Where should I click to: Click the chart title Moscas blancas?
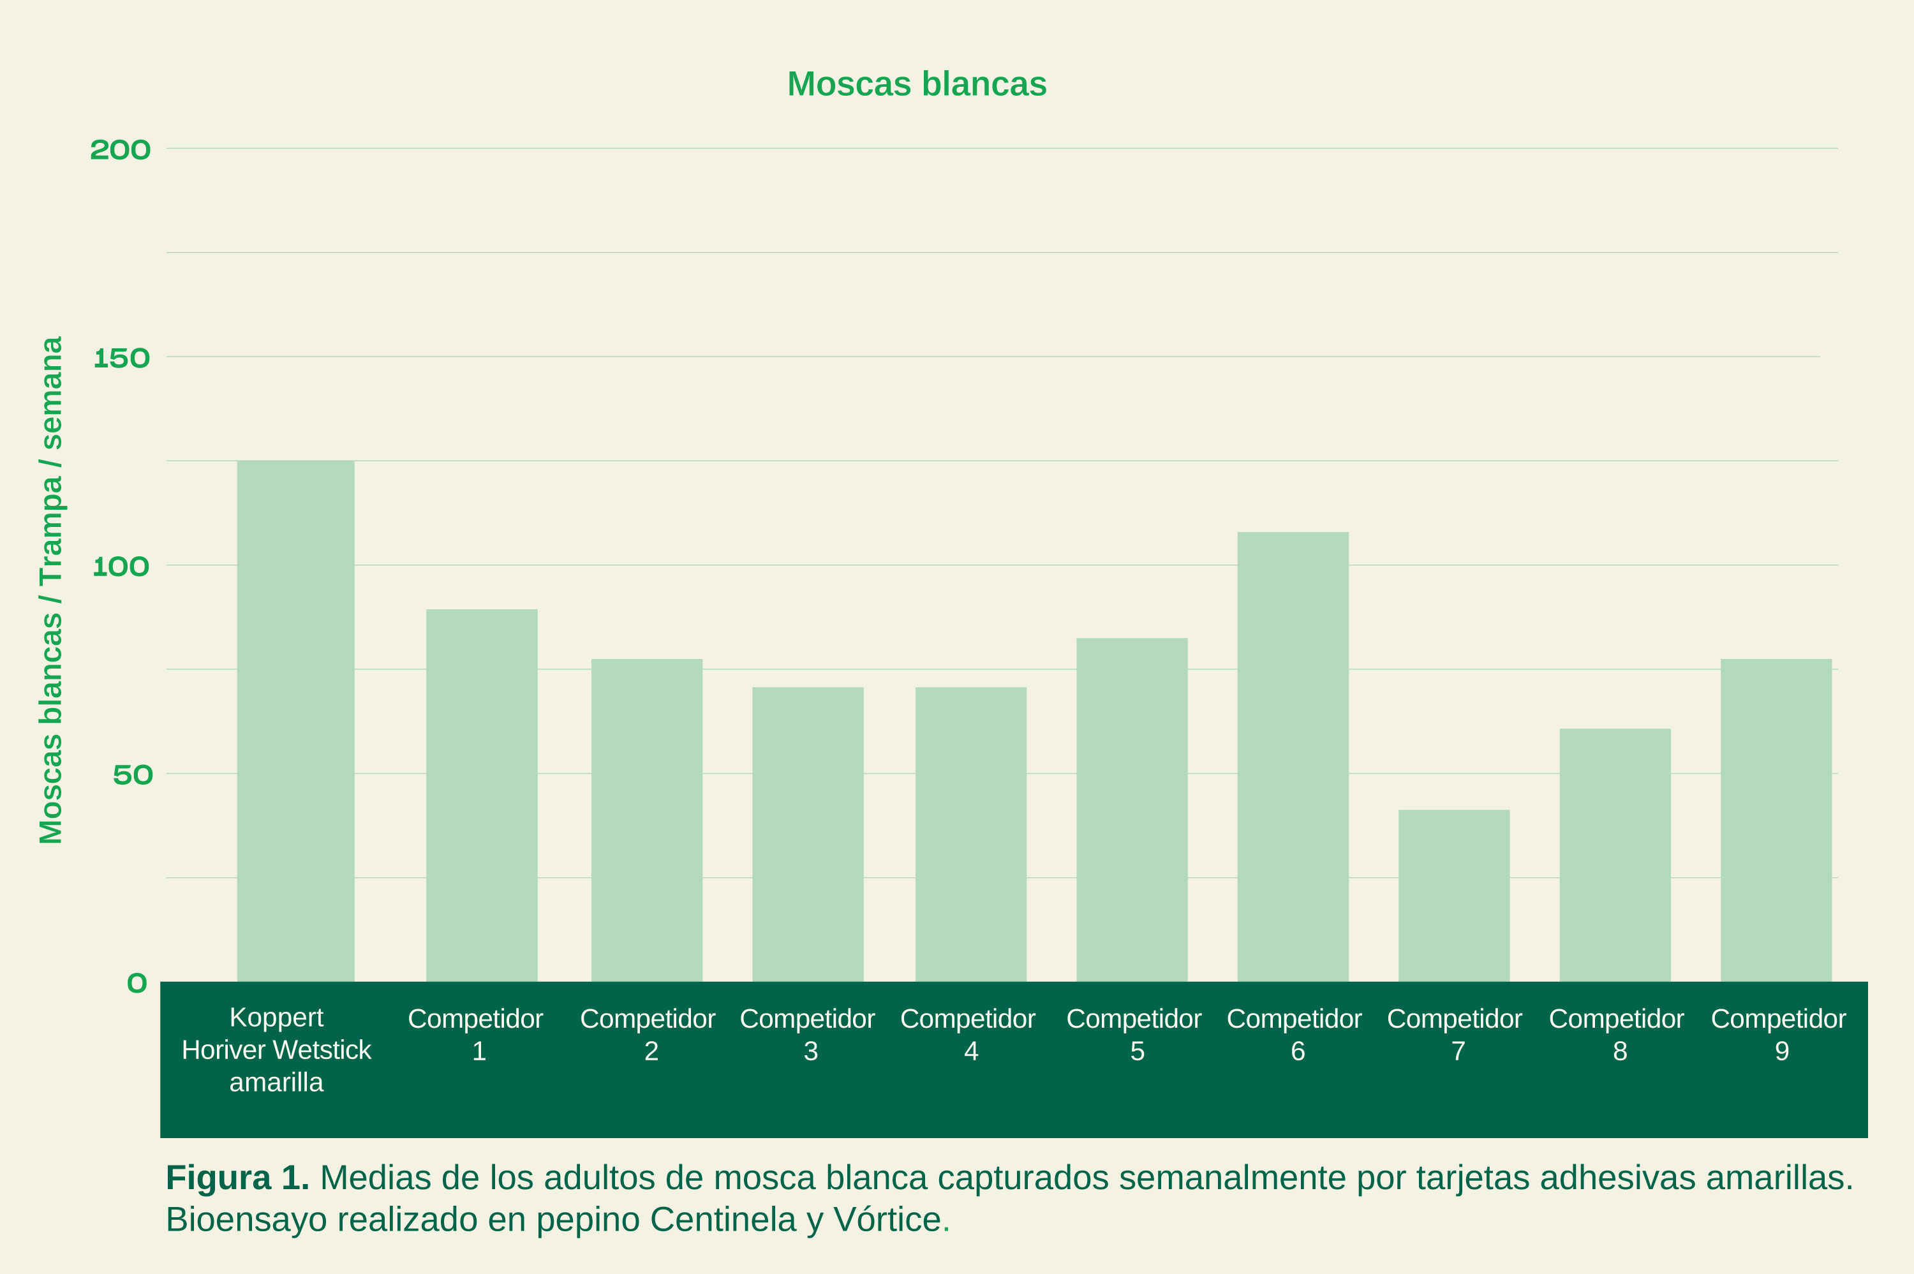916,84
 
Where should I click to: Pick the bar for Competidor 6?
1293,757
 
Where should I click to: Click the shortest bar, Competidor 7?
1454,896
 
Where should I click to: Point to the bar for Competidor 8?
1615,855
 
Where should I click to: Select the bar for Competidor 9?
1776,820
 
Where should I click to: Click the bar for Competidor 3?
808,834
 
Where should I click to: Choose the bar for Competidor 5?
1132,810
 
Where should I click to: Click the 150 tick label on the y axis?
122,359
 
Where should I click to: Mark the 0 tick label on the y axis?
137,984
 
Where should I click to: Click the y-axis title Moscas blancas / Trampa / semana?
51,590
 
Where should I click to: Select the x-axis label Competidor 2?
648,1034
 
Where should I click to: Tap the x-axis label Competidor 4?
968,1034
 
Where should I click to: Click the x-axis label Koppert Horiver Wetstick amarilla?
276,1049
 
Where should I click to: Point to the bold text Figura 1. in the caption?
237,1178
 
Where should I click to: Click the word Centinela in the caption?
722,1220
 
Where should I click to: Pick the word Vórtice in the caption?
886,1220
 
